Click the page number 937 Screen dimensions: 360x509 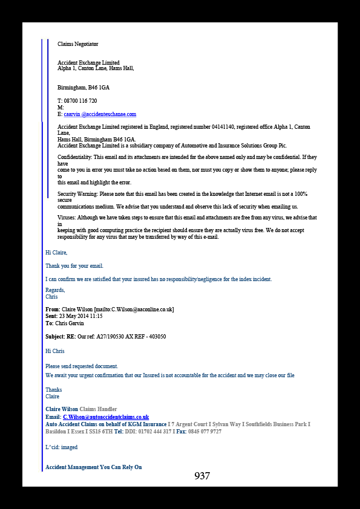(x=202, y=476)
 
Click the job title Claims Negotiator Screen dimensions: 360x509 (x=78, y=44)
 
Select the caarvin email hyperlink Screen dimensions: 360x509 (x=100, y=114)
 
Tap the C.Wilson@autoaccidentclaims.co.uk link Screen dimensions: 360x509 (x=106, y=417)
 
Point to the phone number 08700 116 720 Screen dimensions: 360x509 (x=80, y=101)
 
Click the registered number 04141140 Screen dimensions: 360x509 (x=223, y=127)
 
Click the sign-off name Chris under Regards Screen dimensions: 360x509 (x=51, y=297)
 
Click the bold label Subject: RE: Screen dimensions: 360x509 (x=61, y=337)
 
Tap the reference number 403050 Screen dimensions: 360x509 (x=157, y=337)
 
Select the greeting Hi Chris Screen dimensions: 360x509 (x=55, y=351)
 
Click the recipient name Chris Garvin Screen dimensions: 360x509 (x=70, y=323)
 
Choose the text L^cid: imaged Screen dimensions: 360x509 (x=61, y=447)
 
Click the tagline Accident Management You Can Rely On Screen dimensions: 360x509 (x=94, y=467)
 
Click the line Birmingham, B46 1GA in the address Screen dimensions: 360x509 (x=83, y=88)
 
